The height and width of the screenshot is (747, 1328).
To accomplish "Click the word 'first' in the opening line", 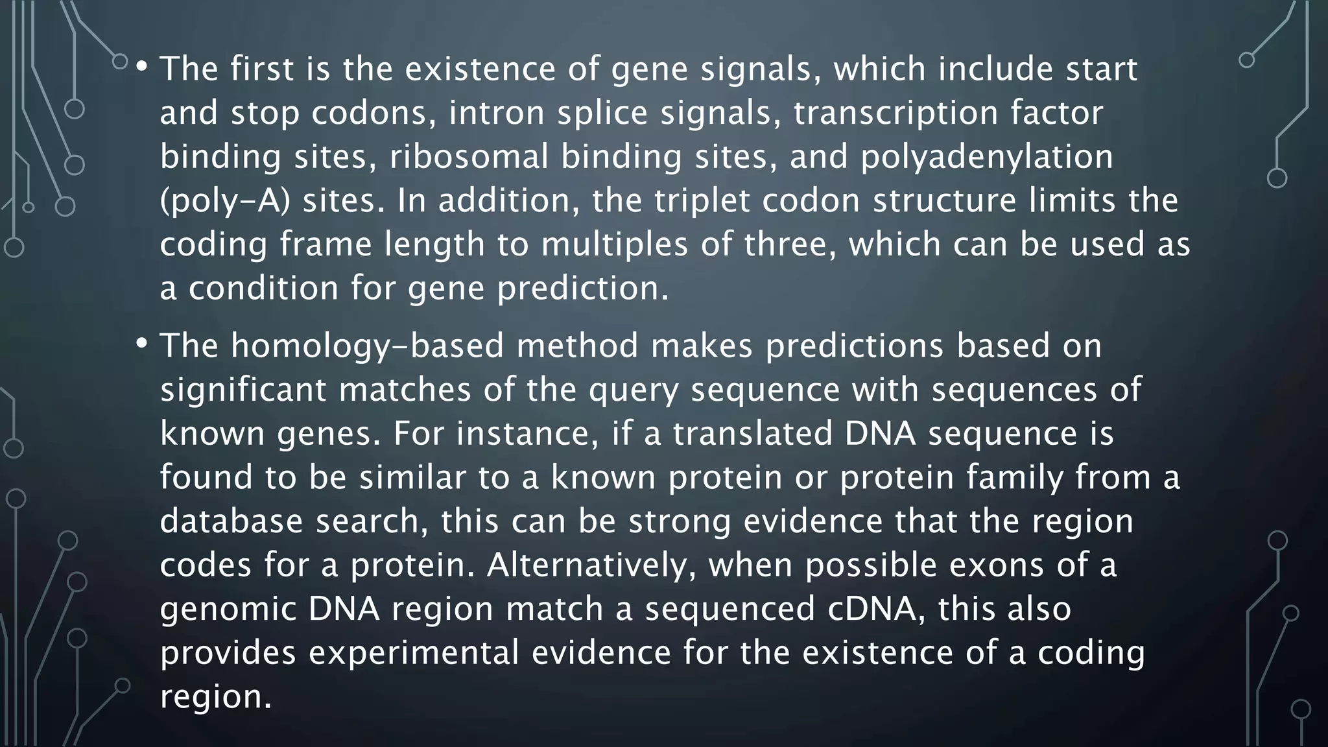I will (262, 69).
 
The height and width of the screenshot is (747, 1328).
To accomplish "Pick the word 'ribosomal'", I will (469, 157).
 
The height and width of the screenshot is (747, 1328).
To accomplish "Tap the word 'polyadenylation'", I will (986, 157).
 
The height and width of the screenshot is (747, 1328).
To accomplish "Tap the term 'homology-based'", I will (367, 346).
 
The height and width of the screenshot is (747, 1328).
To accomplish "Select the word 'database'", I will (231, 521).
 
